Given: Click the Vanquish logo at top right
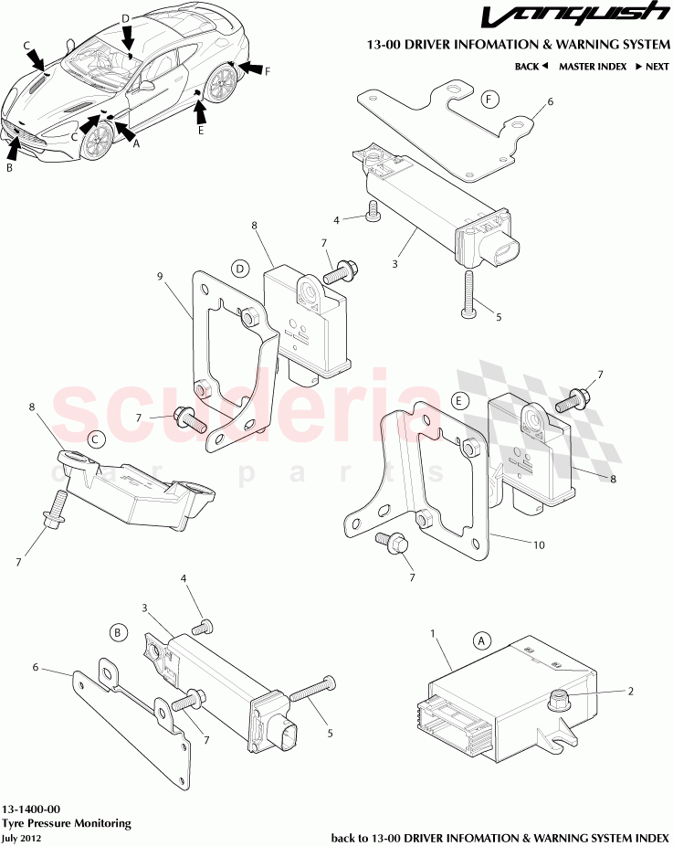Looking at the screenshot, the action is click(574, 16).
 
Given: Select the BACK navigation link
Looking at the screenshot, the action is click(531, 67).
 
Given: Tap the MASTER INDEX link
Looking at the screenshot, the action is click(593, 67).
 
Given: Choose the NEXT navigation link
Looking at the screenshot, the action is click(653, 67).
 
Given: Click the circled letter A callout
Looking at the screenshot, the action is click(481, 640).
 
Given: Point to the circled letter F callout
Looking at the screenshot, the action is click(489, 100).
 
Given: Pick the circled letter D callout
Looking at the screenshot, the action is click(240, 269).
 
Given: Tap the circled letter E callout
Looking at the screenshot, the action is click(459, 401).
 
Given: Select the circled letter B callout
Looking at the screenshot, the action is click(118, 632).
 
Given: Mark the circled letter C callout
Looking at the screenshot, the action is click(96, 439).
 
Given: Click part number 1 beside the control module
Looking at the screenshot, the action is click(433, 633).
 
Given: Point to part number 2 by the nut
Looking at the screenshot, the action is click(631, 692).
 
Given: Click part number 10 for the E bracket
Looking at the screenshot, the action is click(540, 545).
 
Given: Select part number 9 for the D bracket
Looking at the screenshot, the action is click(160, 276).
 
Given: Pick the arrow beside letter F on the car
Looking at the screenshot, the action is click(249, 68).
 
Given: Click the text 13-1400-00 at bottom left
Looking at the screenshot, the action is click(31, 809).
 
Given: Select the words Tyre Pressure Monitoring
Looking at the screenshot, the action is click(67, 823).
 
